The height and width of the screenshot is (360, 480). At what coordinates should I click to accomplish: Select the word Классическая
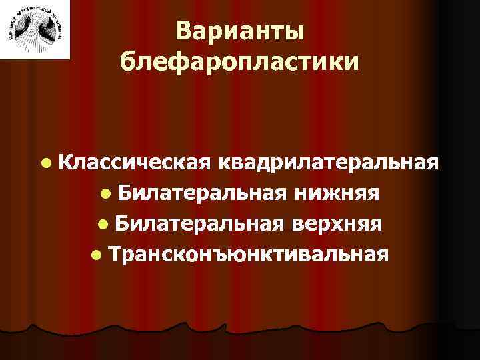click(x=140, y=162)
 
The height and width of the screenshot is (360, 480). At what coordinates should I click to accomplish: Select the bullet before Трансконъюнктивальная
click(x=97, y=255)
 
